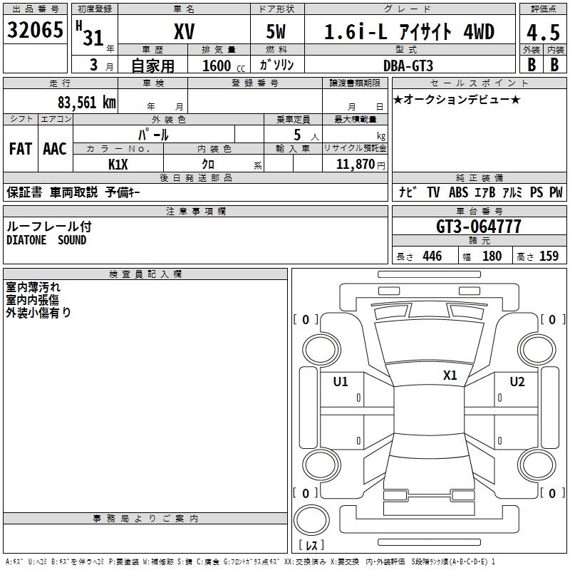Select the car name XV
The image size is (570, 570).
(184, 32)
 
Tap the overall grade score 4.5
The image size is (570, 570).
(543, 32)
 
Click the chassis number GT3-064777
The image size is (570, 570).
(478, 227)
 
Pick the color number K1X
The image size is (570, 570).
(118, 164)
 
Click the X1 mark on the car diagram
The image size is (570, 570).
(450, 375)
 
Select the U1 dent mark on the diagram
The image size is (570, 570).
(341, 382)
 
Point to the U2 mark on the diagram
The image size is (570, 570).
(517, 382)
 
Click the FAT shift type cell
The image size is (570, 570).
(21, 149)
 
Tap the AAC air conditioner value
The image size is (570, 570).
(55, 149)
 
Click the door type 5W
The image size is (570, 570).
(277, 32)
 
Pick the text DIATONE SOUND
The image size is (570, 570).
(46, 240)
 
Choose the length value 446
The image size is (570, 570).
(432, 256)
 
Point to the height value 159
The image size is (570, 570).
(549, 256)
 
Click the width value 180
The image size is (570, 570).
(492, 256)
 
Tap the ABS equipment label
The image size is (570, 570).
(459, 192)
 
